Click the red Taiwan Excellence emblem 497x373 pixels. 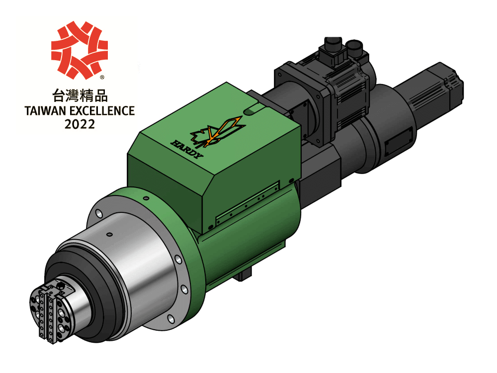pyautogui.click(x=80, y=50)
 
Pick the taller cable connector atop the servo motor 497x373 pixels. pyautogui.click(x=331, y=45)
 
